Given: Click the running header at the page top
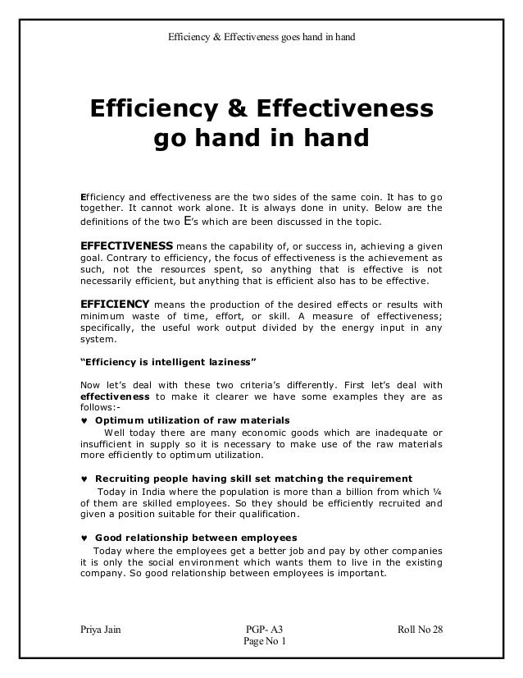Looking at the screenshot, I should (261, 36).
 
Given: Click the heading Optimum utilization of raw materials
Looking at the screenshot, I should (193, 420).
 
